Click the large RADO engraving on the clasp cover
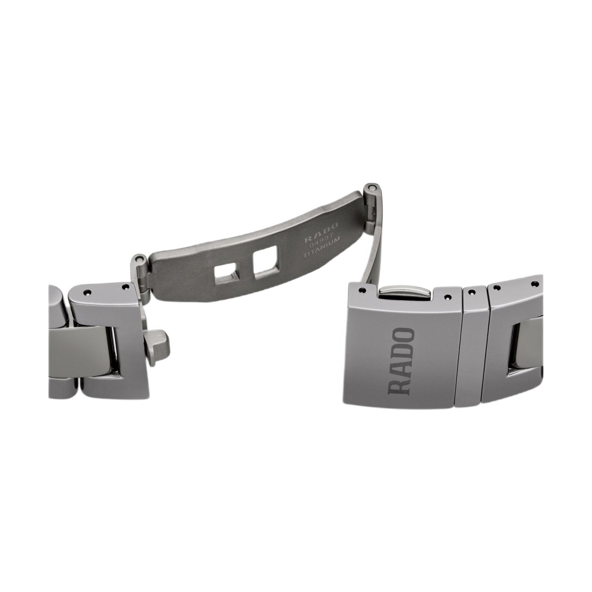401,361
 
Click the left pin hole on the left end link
87,293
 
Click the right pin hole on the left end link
124,287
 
